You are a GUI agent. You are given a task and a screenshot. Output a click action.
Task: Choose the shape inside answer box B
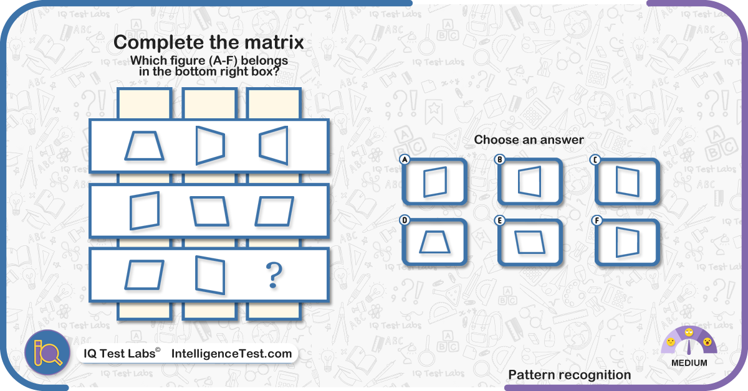519,182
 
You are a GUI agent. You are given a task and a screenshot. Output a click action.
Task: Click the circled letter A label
405,159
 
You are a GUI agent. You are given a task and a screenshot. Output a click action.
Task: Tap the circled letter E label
499,220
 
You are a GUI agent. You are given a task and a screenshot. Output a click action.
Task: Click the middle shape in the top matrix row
197,146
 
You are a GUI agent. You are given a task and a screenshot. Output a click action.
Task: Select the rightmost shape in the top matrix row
287,146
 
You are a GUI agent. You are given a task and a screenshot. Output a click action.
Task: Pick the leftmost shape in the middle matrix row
131,211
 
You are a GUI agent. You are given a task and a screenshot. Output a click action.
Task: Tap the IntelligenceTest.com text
231,353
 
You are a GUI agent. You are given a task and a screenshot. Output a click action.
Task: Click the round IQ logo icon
47,352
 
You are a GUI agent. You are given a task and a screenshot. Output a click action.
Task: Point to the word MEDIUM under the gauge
689,362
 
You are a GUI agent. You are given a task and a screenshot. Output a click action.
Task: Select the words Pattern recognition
569,375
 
